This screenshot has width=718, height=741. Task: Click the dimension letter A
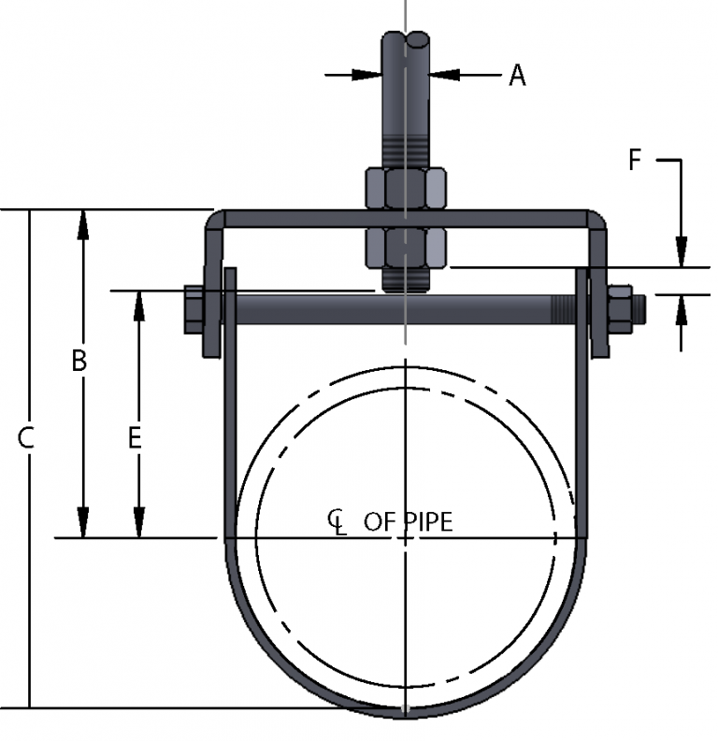[517, 76]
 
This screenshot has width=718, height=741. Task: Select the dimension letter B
[80, 361]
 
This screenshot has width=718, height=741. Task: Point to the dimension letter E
[135, 437]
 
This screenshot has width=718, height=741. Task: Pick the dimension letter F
[635, 160]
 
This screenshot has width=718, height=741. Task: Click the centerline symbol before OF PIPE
[337, 520]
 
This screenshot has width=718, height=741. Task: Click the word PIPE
[426, 521]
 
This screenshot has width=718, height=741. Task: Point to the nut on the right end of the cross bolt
[620, 308]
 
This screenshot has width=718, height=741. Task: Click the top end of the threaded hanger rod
[405, 39]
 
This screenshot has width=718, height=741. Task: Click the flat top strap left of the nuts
[290, 219]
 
